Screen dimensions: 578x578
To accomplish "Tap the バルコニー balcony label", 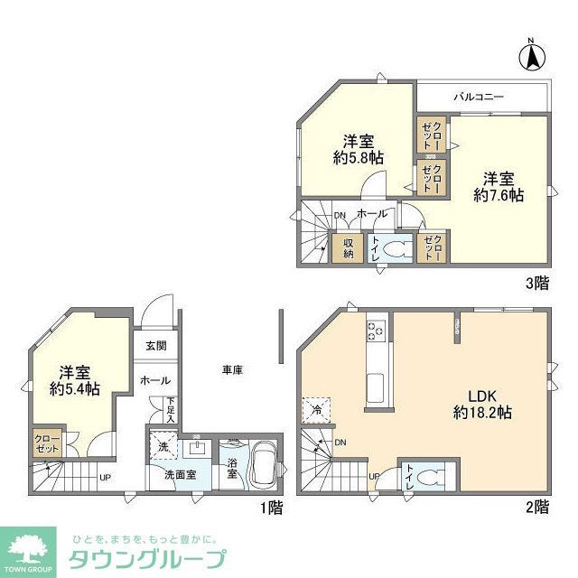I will point(478,96).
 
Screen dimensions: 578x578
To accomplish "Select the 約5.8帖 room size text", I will point(359,157).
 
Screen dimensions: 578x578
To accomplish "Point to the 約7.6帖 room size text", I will point(499,193).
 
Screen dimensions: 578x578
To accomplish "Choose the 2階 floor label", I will point(536,507).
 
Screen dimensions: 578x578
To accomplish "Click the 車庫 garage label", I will point(233,368).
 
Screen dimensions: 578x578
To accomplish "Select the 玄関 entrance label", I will point(154,346).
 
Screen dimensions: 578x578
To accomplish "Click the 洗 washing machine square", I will point(163,445).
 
